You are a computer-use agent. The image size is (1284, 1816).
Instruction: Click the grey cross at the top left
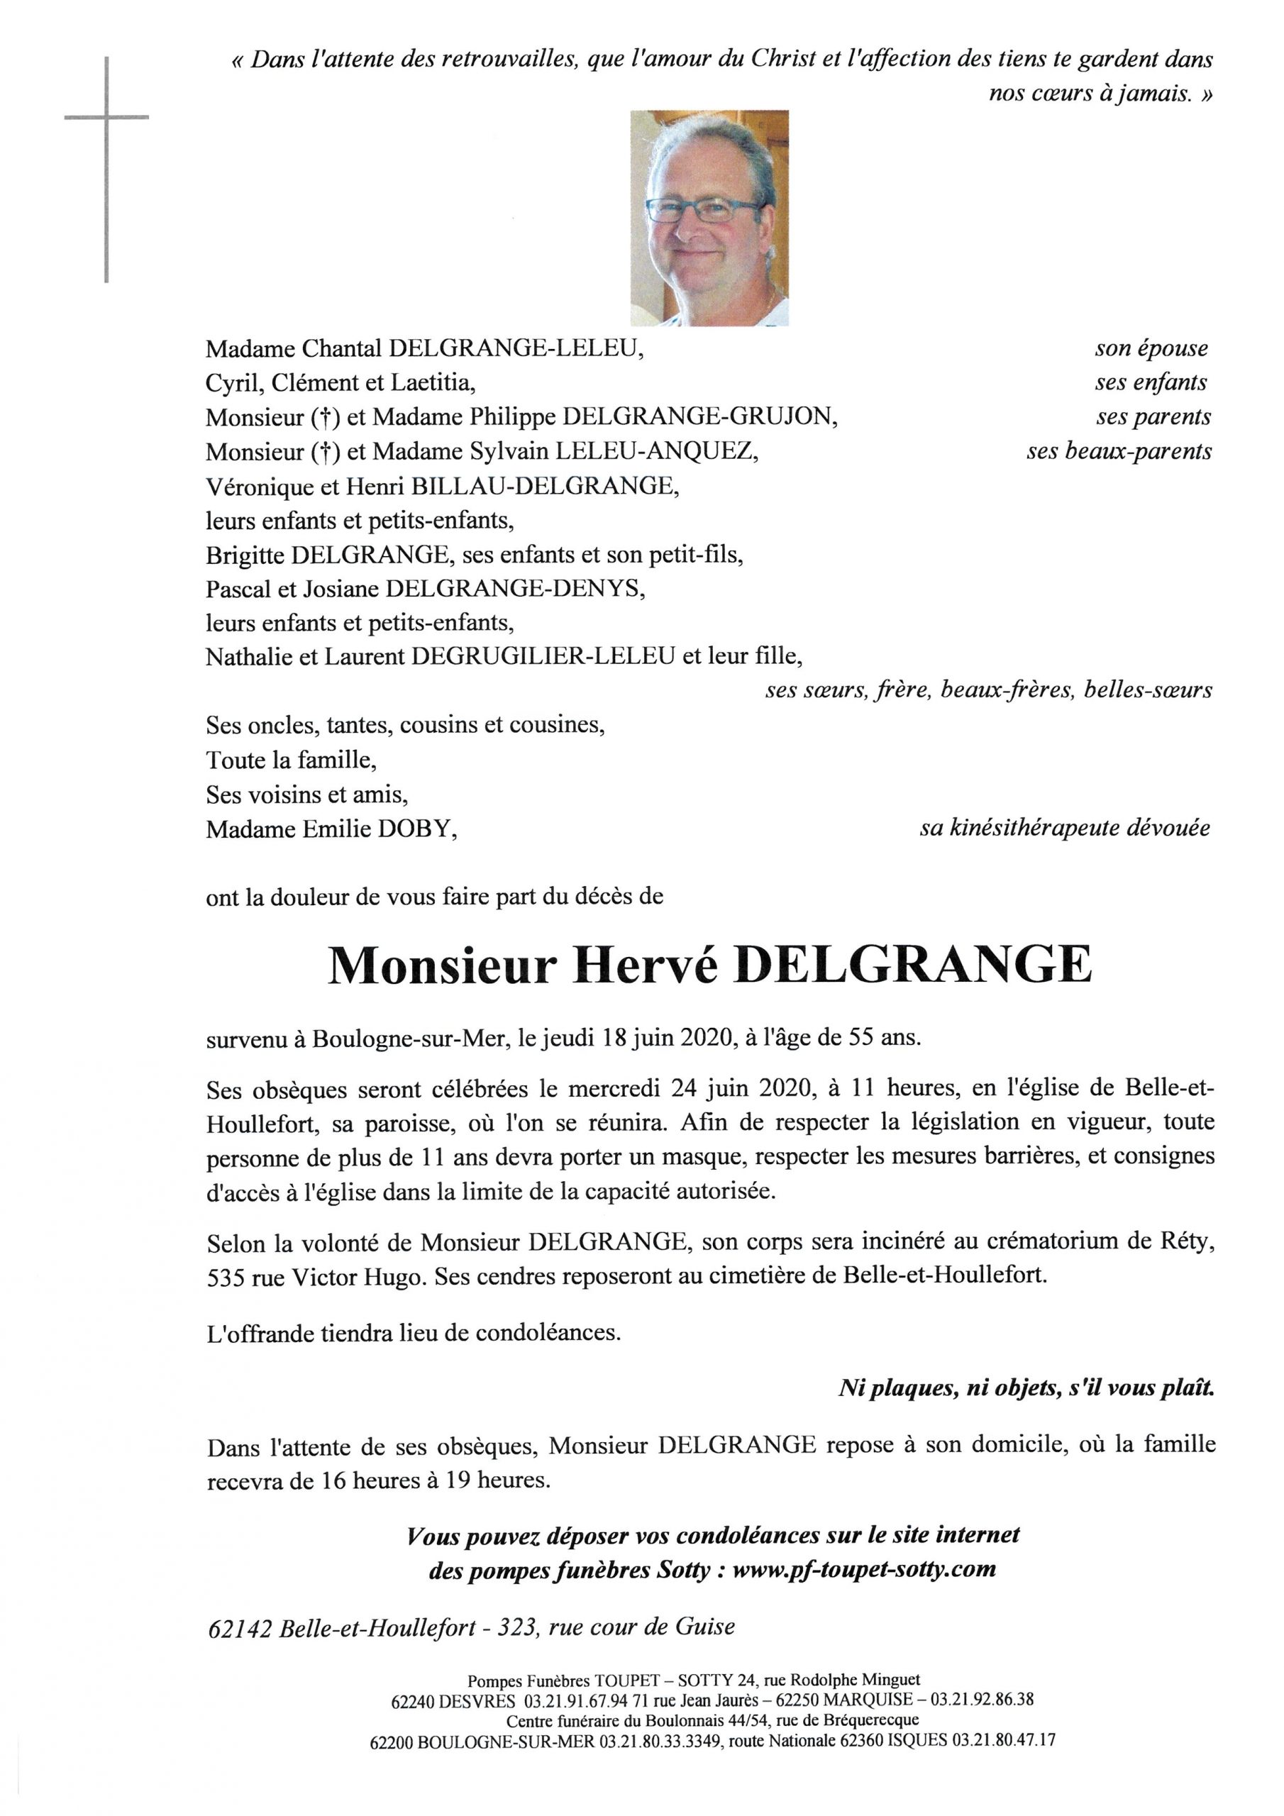click(x=106, y=118)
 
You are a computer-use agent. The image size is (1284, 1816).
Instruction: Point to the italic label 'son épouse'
click(x=1151, y=349)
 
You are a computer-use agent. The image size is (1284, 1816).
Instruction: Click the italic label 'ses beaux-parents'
click(x=1119, y=452)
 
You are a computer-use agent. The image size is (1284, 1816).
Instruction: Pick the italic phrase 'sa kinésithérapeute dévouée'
click(x=1064, y=828)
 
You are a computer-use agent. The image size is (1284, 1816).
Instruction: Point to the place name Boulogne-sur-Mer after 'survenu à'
click(x=409, y=1038)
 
